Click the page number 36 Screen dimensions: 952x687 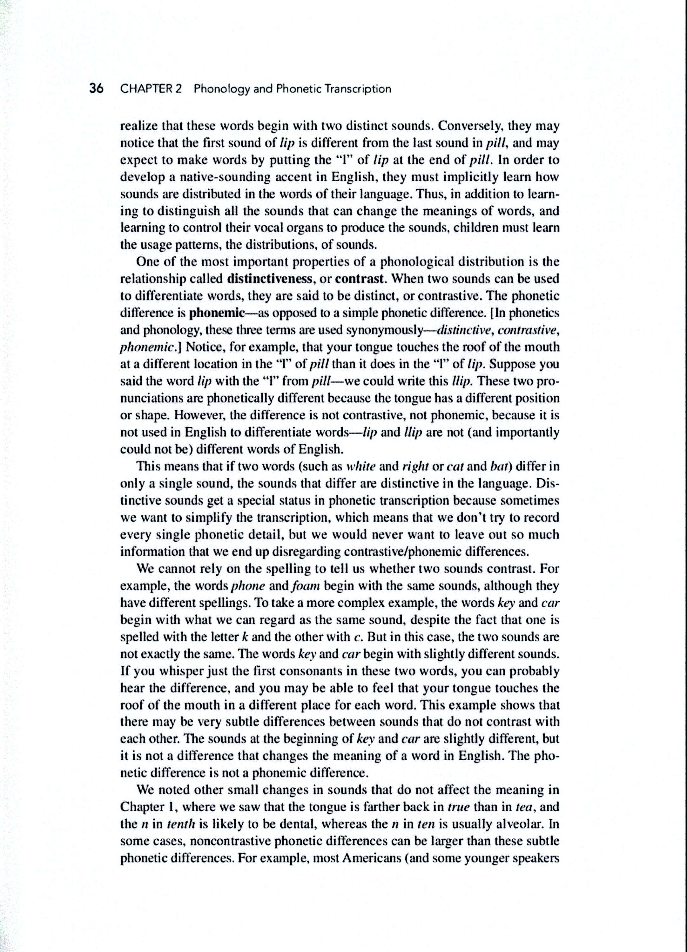96,89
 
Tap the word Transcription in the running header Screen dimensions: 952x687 358,89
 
